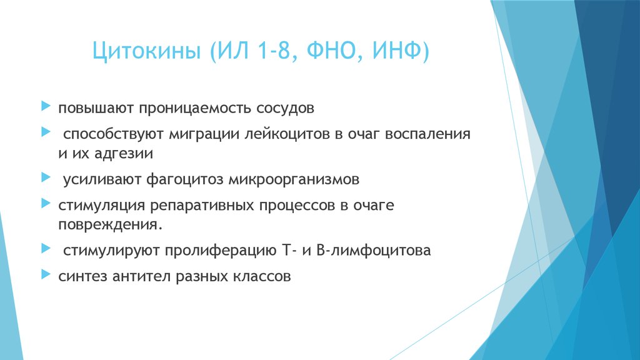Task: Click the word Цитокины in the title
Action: click(146, 51)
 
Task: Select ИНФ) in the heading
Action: click(401, 51)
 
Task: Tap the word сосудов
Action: click(285, 109)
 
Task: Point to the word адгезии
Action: click(124, 154)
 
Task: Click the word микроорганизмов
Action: click(294, 179)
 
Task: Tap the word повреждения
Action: click(110, 225)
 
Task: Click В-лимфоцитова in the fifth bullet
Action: click(374, 250)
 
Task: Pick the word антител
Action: click(141, 277)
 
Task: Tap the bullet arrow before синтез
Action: click(46, 274)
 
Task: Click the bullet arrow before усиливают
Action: click(46, 177)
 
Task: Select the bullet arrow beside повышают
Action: click(46, 106)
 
